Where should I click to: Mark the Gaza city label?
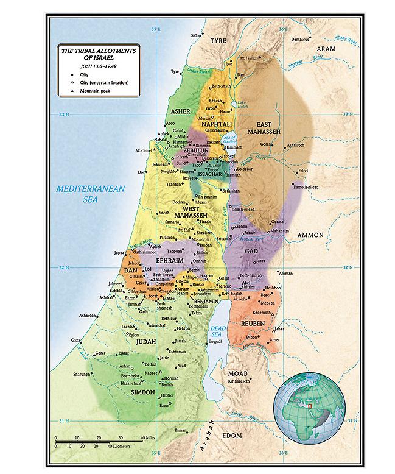click(75, 339)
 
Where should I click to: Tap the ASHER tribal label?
click(181, 111)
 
